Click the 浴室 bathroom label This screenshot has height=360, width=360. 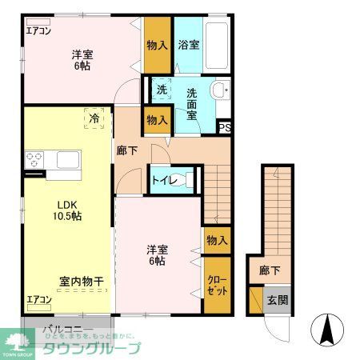coord(190,46)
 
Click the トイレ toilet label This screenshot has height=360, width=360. coord(165,181)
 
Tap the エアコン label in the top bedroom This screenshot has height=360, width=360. coord(38,31)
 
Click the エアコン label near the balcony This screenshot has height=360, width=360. coord(38,300)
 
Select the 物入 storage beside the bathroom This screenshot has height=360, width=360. coord(158,45)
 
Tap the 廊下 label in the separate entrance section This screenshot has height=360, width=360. coord(270,270)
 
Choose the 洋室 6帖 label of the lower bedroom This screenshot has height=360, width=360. coord(155,254)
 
